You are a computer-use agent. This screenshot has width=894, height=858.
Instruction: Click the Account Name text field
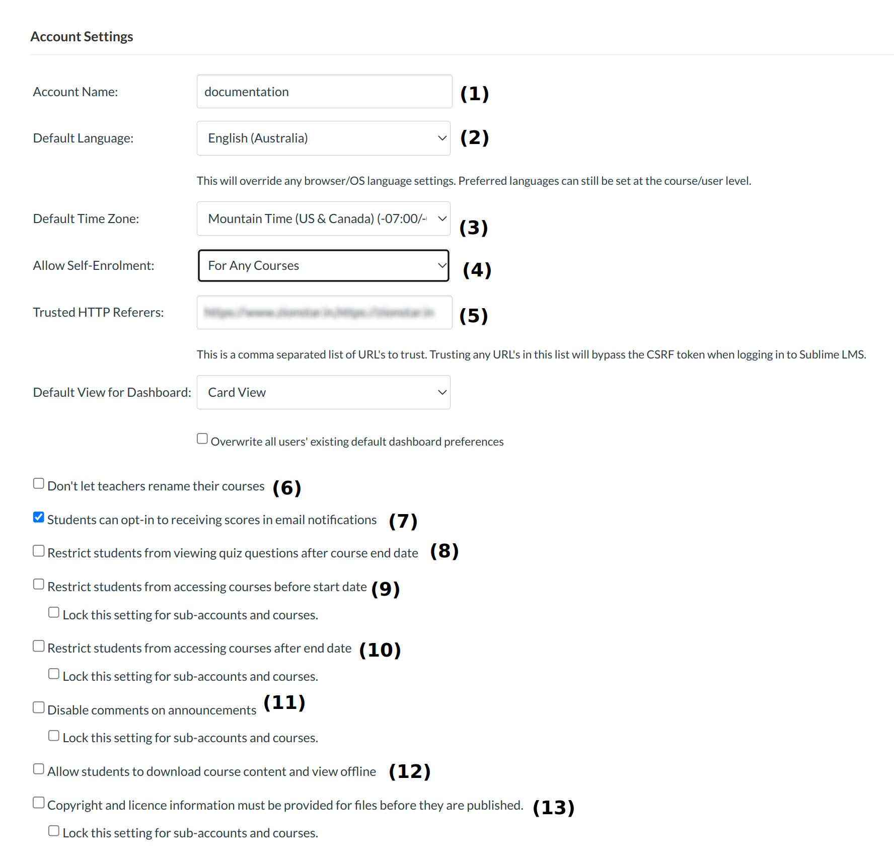pyautogui.click(x=324, y=92)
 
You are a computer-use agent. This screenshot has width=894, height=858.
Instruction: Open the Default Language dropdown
pyautogui.click(x=323, y=138)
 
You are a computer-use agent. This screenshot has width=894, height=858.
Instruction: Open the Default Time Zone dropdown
pyautogui.click(x=323, y=219)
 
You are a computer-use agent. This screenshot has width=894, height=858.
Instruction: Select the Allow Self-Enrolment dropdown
pyautogui.click(x=323, y=265)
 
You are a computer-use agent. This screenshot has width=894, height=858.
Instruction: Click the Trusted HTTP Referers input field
pyautogui.click(x=324, y=313)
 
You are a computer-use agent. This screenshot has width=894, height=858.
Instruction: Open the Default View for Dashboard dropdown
pyautogui.click(x=323, y=392)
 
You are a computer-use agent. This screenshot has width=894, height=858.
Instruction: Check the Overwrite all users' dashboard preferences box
pyautogui.click(x=202, y=439)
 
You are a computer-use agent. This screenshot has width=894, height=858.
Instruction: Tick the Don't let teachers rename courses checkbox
pyautogui.click(x=39, y=484)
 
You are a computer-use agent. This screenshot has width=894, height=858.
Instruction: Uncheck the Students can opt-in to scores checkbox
pyautogui.click(x=39, y=518)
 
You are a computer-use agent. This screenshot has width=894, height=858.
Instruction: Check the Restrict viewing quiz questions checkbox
pyautogui.click(x=39, y=551)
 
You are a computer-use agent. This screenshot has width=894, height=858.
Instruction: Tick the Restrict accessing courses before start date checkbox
pyautogui.click(x=39, y=585)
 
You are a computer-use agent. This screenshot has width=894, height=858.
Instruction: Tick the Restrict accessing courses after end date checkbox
pyautogui.click(x=39, y=646)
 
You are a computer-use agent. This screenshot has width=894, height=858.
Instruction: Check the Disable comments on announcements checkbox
pyautogui.click(x=39, y=708)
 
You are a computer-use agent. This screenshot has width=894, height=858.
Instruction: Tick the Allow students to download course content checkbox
pyautogui.click(x=39, y=769)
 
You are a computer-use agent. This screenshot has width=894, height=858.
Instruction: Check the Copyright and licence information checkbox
pyautogui.click(x=39, y=803)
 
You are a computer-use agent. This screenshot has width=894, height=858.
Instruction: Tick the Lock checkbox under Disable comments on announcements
pyautogui.click(x=54, y=736)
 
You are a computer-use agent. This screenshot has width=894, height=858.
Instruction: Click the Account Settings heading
pyautogui.click(x=82, y=37)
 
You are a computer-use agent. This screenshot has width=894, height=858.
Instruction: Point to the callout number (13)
pyautogui.click(x=553, y=808)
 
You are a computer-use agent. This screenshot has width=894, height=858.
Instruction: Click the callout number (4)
pyautogui.click(x=477, y=270)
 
